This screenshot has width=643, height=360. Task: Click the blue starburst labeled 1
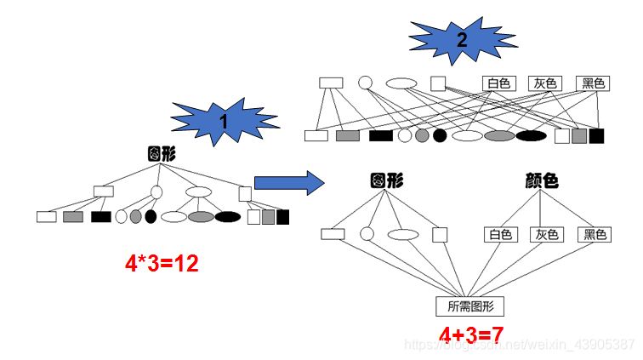point(223,122)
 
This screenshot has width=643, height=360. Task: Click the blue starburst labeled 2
point(461,40)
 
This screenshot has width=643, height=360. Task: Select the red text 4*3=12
point(162,264)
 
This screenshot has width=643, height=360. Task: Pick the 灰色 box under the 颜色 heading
point(546,234)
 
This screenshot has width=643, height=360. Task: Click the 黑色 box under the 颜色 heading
point(594,234)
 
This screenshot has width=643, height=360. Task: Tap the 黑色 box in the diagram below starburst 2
point(593,83)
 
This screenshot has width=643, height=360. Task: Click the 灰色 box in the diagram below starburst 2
point(545,83)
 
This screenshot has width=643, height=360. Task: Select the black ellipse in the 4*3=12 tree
point(228,216)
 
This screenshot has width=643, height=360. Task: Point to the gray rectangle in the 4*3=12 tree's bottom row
point(73,216)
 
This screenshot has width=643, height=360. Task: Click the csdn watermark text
point(518,344)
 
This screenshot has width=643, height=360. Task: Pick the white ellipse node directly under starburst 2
point(401,83)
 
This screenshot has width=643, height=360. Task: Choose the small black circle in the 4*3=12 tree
point(151,216)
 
